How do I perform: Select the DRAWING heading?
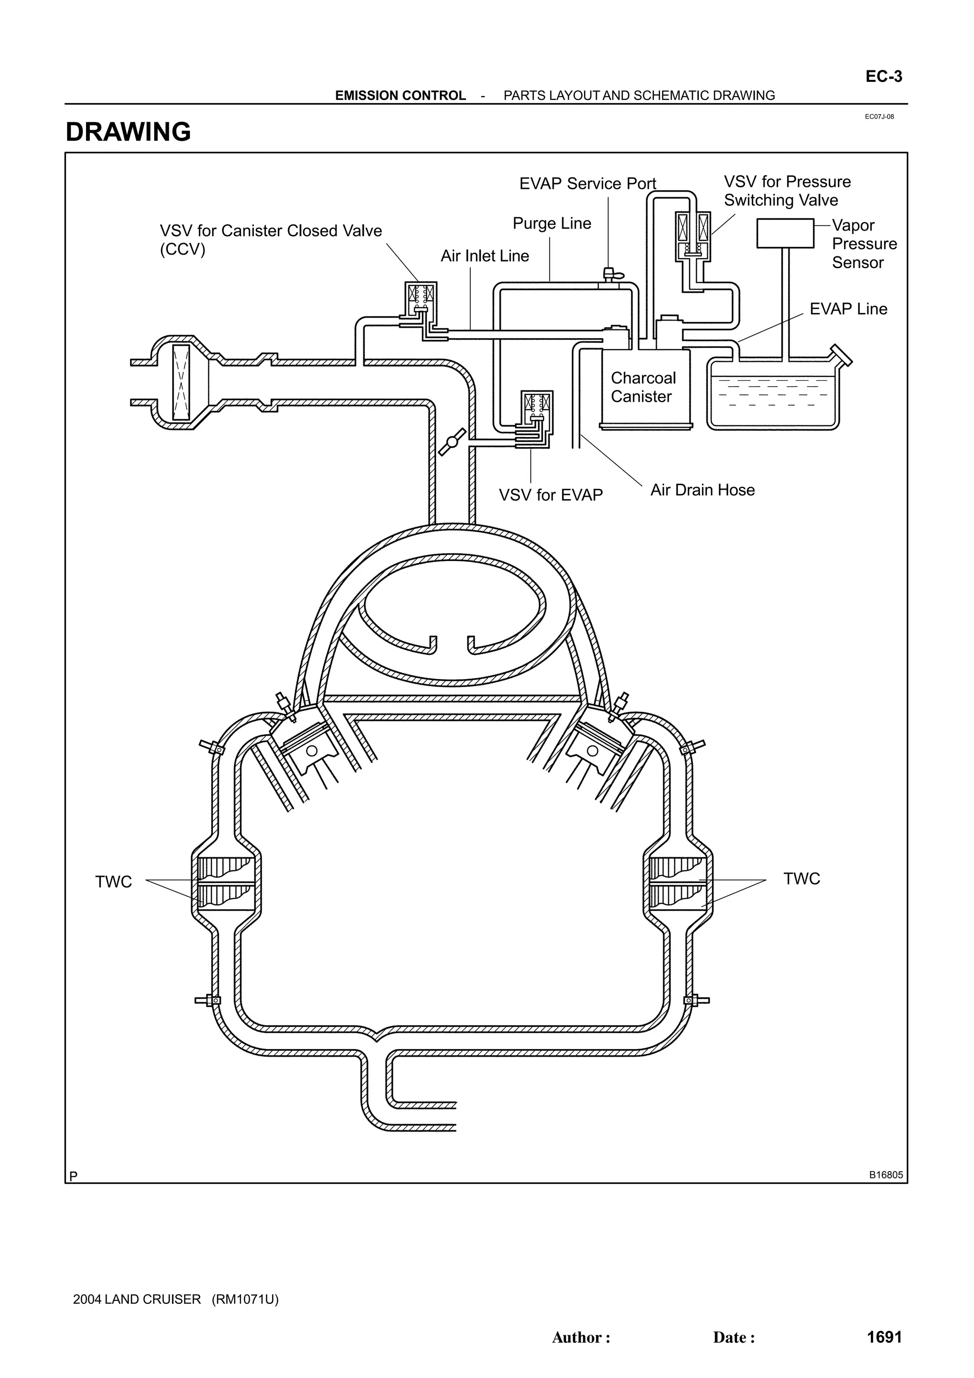pos(128,132)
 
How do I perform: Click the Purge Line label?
pos(552,224)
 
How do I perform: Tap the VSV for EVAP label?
pos(550,495)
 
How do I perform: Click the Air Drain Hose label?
pos(702,490)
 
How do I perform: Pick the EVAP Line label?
pos(847,309)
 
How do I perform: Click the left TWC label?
pos(113,882)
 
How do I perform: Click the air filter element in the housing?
pos(181,382)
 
